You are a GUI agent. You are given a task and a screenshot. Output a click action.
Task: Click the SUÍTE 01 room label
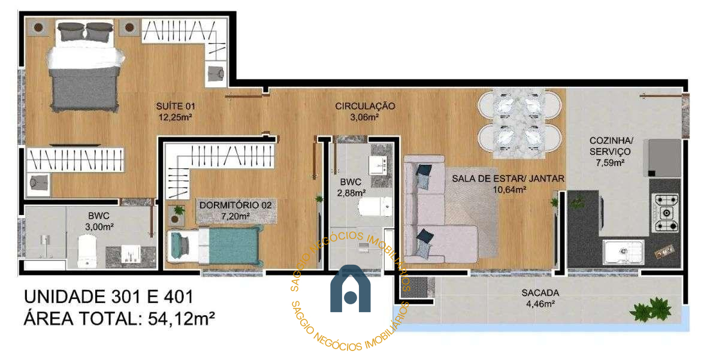(x=176, y=106)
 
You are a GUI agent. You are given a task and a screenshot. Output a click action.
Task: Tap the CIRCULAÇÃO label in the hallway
(x=365, y=106)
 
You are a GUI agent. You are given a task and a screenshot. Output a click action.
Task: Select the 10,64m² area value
(x=509, y=190)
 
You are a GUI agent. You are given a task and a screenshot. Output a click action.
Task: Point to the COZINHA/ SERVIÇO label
(x=611, y=146)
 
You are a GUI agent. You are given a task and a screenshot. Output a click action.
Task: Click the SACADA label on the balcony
(x=540, y=293)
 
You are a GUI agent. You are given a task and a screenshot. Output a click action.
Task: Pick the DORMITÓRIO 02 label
(x=235, y=205)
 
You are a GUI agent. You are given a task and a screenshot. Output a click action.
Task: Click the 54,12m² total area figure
(x=182, y=319)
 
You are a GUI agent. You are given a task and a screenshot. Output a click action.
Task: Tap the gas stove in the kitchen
(x=666, y=213)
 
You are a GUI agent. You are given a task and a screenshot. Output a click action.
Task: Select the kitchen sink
(x=623, y=252)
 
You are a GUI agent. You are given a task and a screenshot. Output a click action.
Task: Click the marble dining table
(x=519, y=124)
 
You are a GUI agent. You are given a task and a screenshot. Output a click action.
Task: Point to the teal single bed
(x=215, y=246)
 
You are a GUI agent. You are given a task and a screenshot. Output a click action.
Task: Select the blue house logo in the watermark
(x=351, y=289)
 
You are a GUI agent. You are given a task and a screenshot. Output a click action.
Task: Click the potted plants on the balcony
(x=650, y=309)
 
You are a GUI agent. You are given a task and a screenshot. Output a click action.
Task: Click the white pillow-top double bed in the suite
(x=84, y=66)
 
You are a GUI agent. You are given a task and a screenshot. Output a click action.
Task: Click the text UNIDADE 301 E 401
(x=109, y=297)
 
